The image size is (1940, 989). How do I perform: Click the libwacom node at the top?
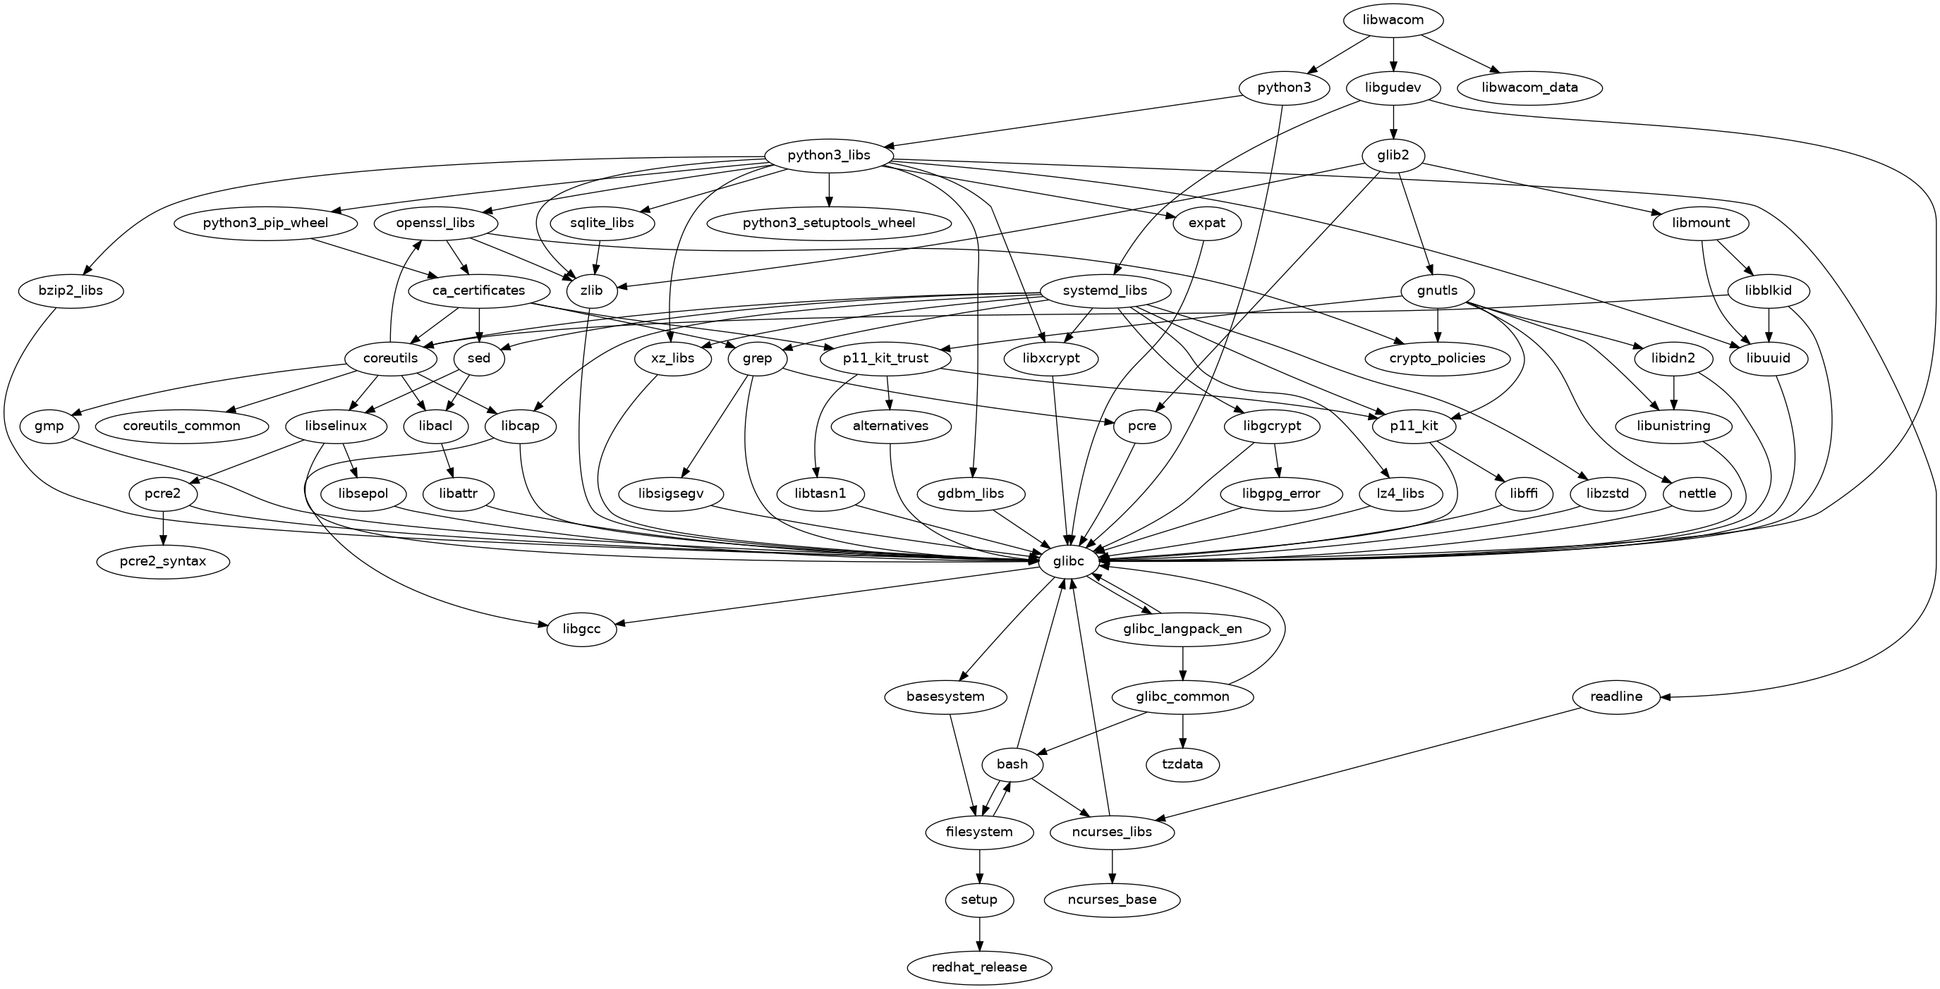[1393, 20]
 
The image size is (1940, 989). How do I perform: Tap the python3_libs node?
[828, 156]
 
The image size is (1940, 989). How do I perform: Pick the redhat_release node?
[979, 967]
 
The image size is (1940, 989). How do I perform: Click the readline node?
[1616, 697]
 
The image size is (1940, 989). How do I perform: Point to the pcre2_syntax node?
[163, 562]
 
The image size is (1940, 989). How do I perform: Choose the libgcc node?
[581, 629]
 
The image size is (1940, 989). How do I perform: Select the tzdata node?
[1182, 765]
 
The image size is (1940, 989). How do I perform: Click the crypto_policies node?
[1438, 358]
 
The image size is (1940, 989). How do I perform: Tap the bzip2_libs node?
[71, 290]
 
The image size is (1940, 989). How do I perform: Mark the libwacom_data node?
[1529, 88]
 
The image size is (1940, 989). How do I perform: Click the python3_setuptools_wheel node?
[828, 223]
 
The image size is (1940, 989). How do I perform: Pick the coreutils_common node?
[181, 426]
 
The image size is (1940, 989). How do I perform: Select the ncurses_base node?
[1112, 900]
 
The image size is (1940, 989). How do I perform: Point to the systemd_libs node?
[1105, 290]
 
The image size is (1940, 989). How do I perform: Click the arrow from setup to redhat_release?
[979, 933]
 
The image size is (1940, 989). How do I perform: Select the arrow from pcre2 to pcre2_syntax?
[163, 529]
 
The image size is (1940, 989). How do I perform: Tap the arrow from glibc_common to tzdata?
[1182, 731]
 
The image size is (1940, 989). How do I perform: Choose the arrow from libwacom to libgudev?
[1393, 54]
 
